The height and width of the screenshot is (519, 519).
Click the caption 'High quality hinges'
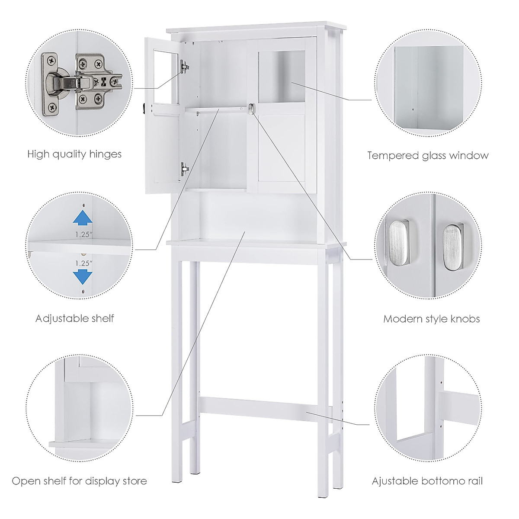pyautogui.click(x=74, y=154)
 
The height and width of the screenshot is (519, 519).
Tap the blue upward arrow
pyautogui.click(x=82, y=218)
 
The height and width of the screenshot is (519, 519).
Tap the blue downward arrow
pyautogui.click(x=82, y=276)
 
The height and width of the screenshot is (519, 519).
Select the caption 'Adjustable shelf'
pyautogui.click(x=75, y=319)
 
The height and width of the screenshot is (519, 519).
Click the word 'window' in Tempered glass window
pyautogui.click(x=468, y=155)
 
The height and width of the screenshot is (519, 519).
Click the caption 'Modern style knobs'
pyautogui.click(x=432, y=319)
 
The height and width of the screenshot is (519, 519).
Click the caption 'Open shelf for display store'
pyautogui.click(x=79, y=469)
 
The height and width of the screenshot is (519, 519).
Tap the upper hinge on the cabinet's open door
pyautogui.click(x=185, y=66)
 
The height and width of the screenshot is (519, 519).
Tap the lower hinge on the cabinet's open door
pyautogui.click(x=185, y=168)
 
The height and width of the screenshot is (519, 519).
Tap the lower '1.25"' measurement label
pyautogui.click(x=83, y=263)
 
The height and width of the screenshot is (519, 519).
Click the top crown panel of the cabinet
pyautogui.click(x=255, y=26)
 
